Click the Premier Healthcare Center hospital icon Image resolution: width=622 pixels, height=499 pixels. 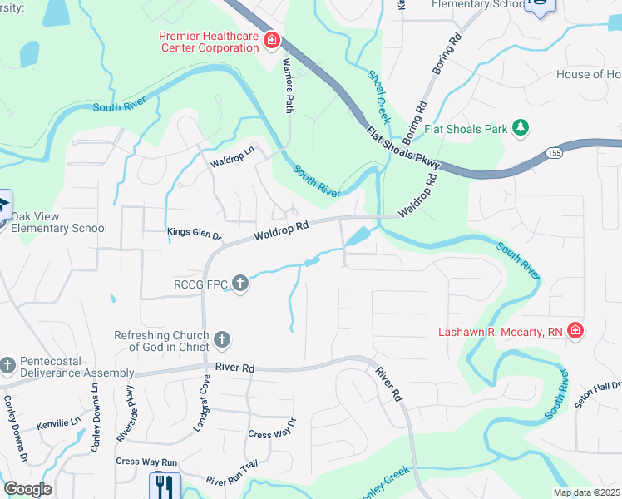click(271, 40)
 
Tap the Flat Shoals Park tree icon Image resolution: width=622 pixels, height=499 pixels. click(521, 128)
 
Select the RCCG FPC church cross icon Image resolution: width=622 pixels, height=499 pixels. click(240, 284)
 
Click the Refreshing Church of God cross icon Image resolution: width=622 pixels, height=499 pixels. click(221, 339)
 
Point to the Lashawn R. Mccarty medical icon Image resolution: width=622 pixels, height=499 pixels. click(575, 332)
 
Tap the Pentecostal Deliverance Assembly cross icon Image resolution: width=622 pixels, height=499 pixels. click(7, 365)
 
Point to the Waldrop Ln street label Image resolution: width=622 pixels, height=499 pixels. click(232, 152)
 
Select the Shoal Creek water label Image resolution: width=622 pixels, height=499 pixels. click(378, 96)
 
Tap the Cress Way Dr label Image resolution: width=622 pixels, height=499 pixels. click(272, 434)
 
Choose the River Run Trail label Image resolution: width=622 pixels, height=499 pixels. click(237, 479)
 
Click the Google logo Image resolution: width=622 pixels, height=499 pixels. click(28, 489)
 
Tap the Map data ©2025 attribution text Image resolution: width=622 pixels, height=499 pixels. click(585, 492)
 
